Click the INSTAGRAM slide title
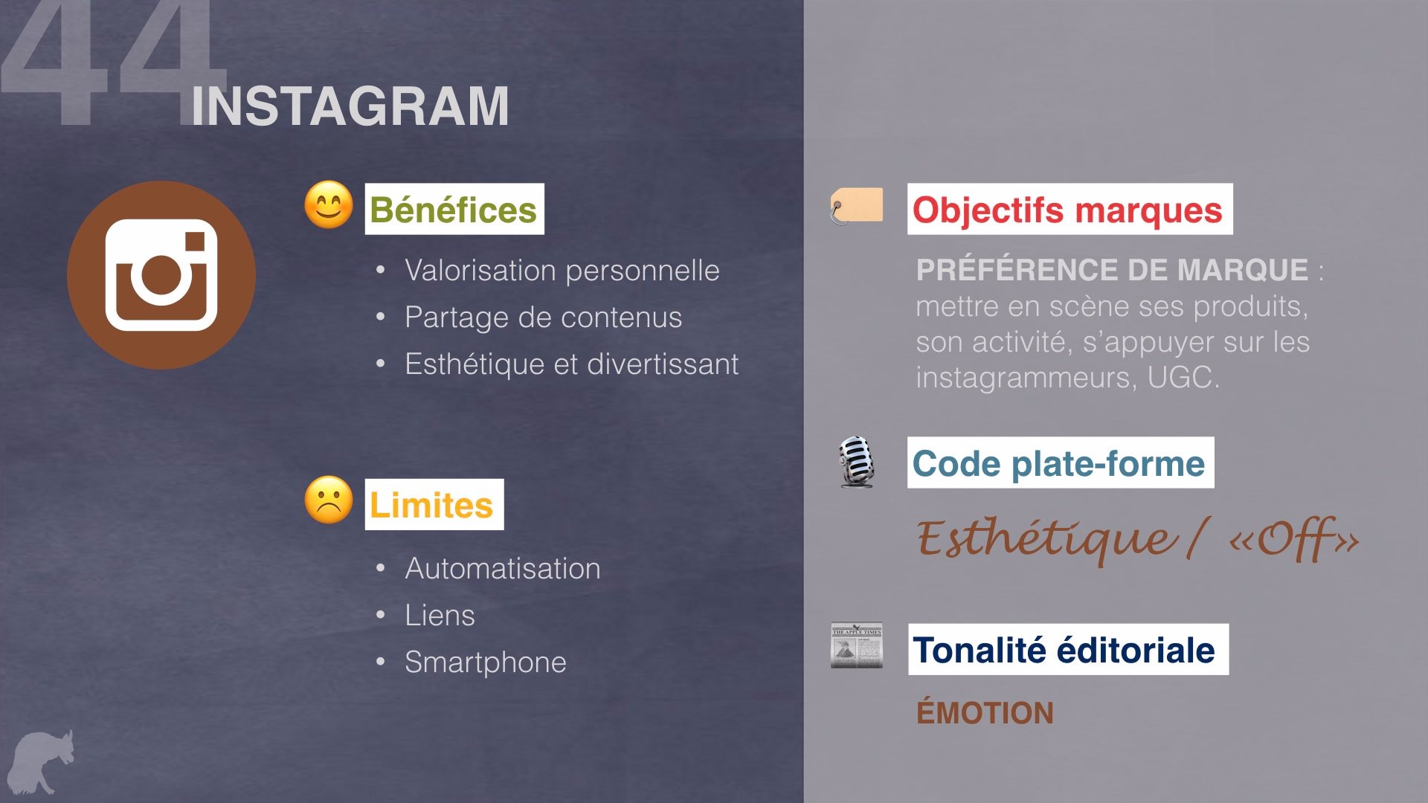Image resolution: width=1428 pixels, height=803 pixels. click(x=350, y=106)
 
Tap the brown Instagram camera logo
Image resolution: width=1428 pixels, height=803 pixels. click(x=161, y=275)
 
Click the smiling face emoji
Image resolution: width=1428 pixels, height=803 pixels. click(x=329, y=204)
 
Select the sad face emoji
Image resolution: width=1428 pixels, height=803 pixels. click(x=329, y=500)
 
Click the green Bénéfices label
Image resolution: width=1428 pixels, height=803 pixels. click(x=454, y=209)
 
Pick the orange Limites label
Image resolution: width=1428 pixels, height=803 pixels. click(x=434, y=505)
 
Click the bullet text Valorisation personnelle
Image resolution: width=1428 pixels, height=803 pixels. click(x=562, y=271)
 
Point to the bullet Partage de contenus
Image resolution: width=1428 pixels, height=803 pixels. click(x=544, y=317)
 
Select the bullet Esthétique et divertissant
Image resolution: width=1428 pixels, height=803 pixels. click(x=572, y=364)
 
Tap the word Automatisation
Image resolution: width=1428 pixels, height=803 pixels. click(x=503, y=569)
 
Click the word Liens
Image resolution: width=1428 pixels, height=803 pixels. click(x=440, y=616)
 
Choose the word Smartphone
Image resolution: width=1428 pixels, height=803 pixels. click(x=486, y=662)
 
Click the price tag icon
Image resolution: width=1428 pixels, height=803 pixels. click(x=856, y=206)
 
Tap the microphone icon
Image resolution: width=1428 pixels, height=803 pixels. click(x=856, y=462)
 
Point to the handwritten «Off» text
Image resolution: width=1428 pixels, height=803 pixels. click(x=1293, y=539)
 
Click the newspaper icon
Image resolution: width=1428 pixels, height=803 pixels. click(x=857, y=645)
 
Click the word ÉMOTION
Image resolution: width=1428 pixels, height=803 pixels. click(x=985, y=713)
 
